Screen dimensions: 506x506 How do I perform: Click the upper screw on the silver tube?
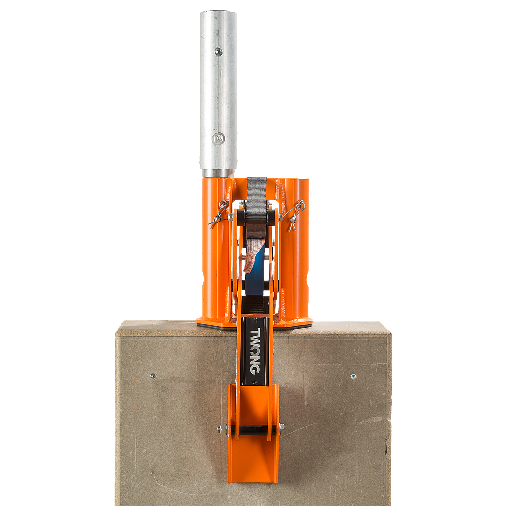pos(219,51)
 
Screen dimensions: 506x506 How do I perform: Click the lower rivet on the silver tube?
pos(219,139)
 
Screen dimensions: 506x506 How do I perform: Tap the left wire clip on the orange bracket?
pos(219,213)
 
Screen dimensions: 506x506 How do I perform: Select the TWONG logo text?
pos(255,351)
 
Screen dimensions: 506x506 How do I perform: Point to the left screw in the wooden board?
pos(153,376)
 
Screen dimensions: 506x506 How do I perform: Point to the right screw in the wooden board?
pos(353,376)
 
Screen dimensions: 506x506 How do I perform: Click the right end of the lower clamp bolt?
pos(281,429)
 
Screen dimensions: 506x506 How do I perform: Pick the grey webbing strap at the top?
pos(257,194)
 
